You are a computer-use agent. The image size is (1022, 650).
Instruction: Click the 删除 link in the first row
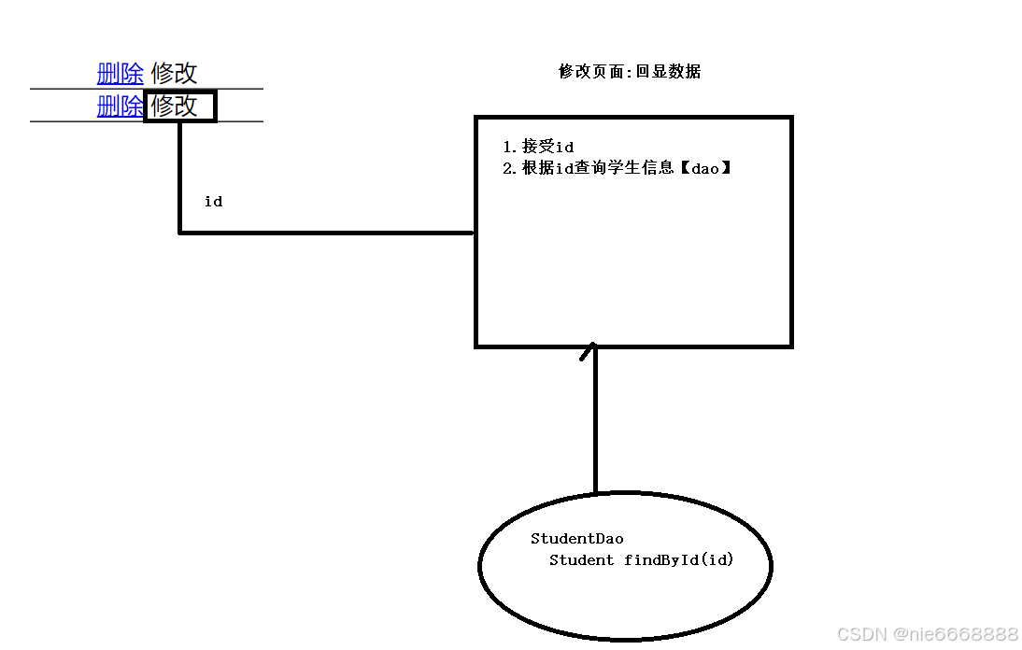tap(121, 73)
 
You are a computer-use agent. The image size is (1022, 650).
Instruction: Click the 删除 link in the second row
tap(121, 106)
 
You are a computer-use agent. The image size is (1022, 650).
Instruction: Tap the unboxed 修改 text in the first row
tap(174, 73)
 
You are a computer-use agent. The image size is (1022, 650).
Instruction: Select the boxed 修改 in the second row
tap(179, 106)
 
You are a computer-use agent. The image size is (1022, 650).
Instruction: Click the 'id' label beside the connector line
tap(213, 202)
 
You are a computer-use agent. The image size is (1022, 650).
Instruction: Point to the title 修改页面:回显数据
tap(630, 72)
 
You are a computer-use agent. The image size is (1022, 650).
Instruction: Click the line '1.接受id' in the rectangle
tap(538, 147)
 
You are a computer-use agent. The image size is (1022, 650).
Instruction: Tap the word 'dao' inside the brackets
tap(705, 168)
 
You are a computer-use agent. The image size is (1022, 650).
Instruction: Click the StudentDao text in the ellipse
tap(576, 539)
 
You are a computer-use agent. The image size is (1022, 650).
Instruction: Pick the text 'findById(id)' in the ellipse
tap(679, 560)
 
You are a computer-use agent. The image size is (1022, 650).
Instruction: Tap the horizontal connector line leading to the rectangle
tap(327, 233)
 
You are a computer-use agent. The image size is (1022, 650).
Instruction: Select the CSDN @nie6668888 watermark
tap(928, 634)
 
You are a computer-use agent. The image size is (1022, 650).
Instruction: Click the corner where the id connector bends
tap(180, 232)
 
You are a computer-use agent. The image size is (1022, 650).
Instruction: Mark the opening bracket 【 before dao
tap(683, 168)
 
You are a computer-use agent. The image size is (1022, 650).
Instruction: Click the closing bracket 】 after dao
tap(726, 168)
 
